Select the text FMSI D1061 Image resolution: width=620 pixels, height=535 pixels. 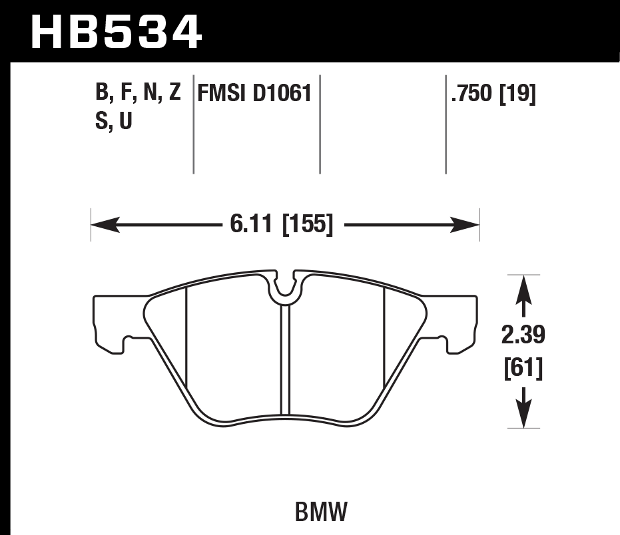pos(254,94)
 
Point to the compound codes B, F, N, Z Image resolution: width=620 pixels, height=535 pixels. pos(138,93)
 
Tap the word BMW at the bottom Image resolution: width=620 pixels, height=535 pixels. pos(321,512)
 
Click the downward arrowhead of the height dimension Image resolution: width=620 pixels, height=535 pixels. pos(523,415)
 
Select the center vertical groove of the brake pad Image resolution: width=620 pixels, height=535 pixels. pos(285,359)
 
